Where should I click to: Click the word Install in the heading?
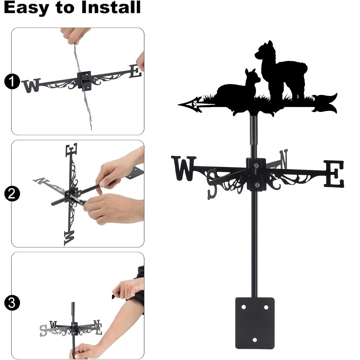pos(111,7)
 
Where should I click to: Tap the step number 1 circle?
pos(12,81)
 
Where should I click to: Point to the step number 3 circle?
pos(12,303)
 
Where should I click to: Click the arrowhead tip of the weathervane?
pos(179,105)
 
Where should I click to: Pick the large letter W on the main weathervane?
pos(184,168)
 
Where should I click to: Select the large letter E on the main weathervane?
pos(334,174)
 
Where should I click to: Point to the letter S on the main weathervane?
pos(212,184)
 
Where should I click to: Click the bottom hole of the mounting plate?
pos(255,340)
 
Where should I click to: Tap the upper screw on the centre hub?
pos(256,165)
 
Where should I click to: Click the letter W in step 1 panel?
pos(31,85)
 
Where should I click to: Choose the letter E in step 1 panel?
pos(135,71)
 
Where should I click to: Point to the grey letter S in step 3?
pos(43,330)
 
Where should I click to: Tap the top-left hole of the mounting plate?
pos(244,307)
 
